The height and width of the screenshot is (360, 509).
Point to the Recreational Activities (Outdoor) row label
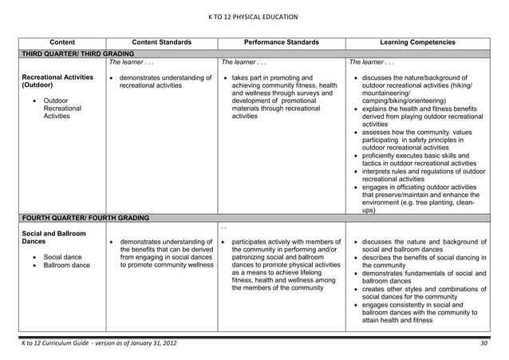54,81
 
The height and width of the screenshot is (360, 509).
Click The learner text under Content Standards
127,61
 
